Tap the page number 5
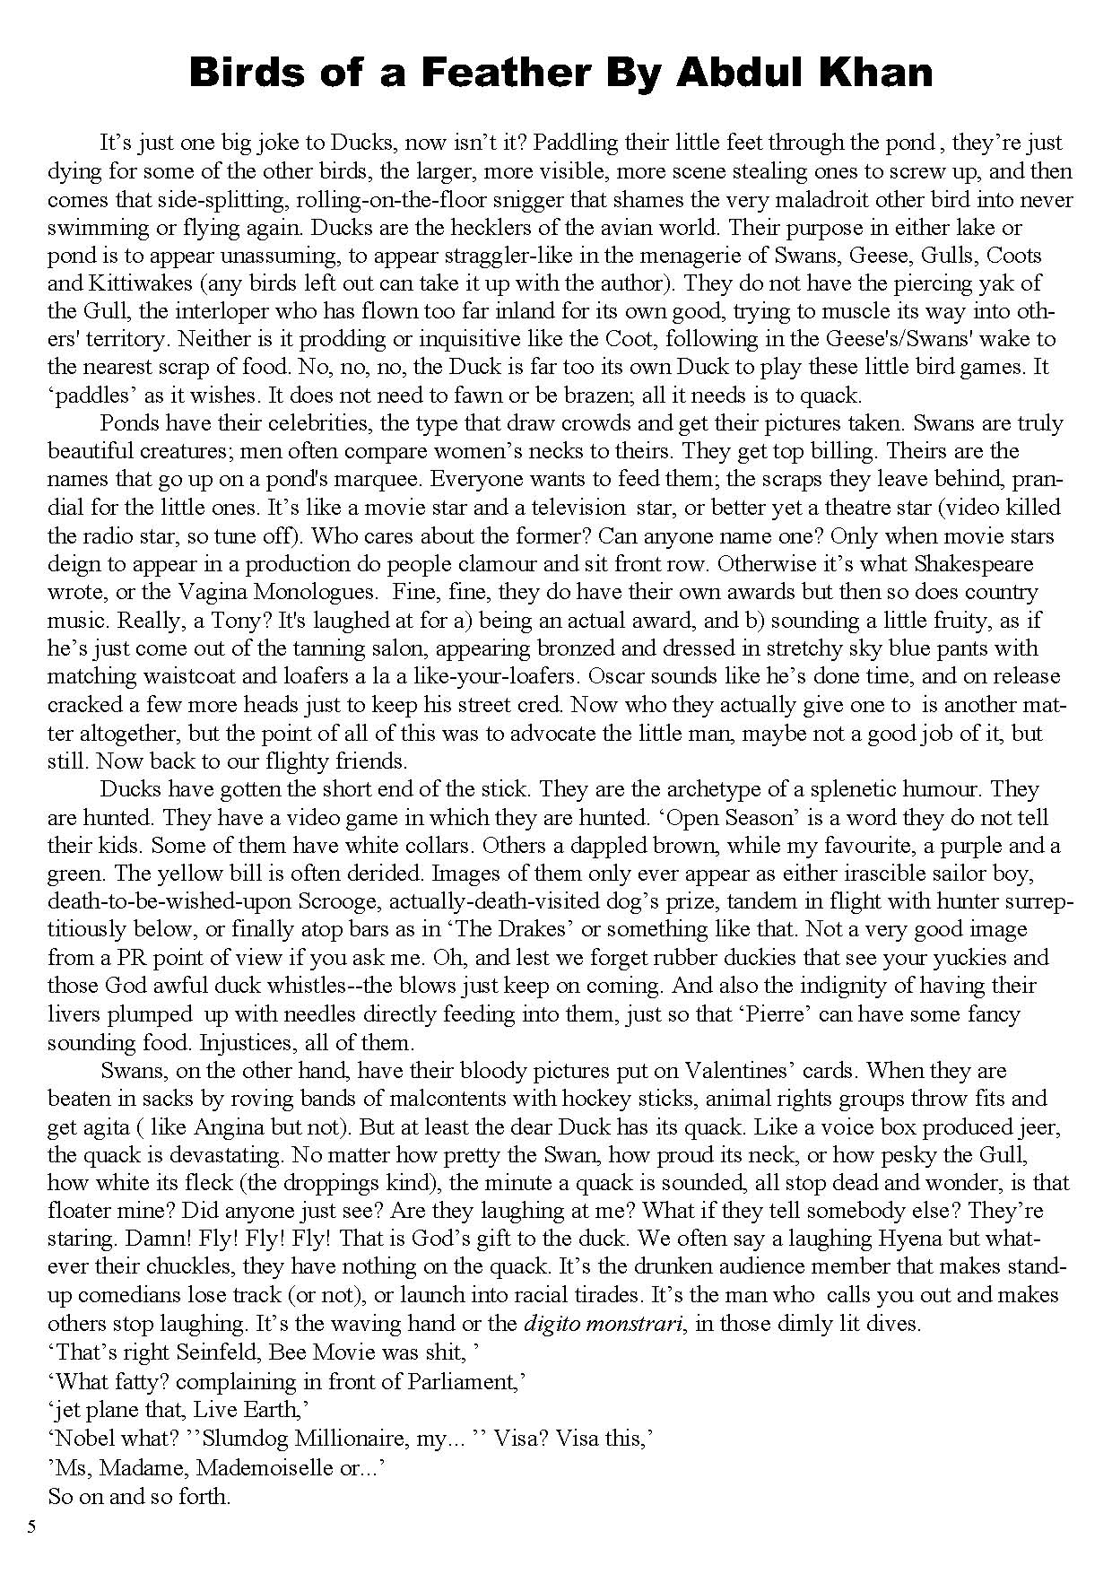click(x=31, y=1527)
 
